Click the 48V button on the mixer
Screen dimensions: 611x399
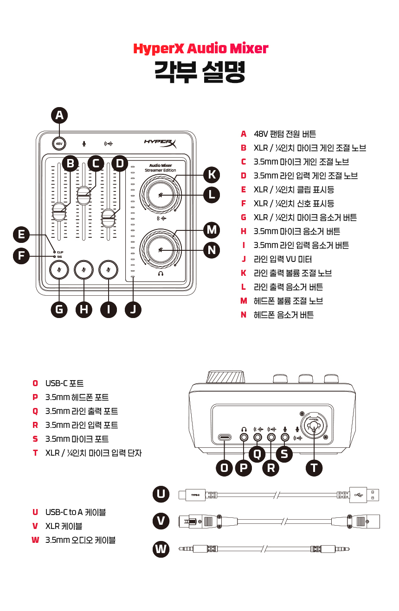click(59, 144)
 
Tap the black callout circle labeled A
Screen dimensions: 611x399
click(59, 115)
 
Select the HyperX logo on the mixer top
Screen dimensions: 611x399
click(160, 144)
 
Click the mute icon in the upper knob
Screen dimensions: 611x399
click(161, 195)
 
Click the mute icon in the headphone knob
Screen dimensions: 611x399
click(161, 250)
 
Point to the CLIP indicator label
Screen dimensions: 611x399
click(60, 252)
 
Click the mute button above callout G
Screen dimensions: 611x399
click(59, 269)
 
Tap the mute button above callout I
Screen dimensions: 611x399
click(108, 269)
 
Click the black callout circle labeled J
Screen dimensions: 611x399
click(133, 310)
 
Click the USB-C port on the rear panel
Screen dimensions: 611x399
click(225, 437)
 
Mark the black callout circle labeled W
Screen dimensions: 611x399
click(161, 549)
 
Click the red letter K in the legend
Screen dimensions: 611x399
click(243, 273)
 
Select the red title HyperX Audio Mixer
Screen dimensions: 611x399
click(200, 48)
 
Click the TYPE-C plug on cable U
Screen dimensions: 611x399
click(196, 495)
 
